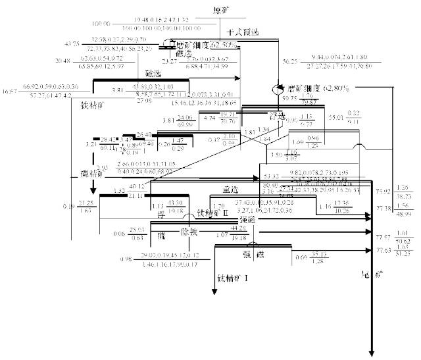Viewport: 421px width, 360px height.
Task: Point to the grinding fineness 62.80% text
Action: point(317,88)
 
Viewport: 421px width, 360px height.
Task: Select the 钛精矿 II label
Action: point(212,213)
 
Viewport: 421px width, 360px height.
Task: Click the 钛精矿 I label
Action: point(234,278)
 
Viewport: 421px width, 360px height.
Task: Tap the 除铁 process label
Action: point(189,232)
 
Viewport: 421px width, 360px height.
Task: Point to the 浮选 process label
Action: point(287,116)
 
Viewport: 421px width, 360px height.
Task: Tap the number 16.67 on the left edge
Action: point(11,90)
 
